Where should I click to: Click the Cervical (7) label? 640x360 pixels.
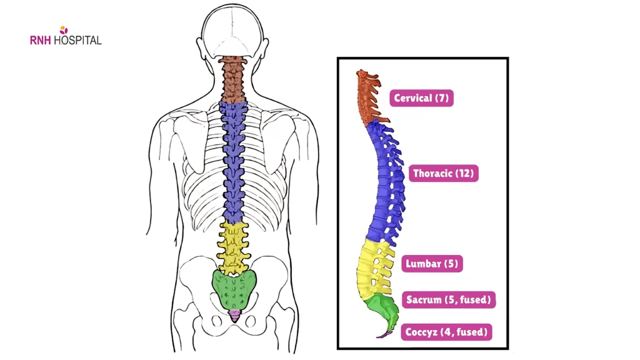point(422,98)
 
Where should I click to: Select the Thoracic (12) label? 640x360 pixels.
point(444,173)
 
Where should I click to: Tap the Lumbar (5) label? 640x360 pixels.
point(432,263)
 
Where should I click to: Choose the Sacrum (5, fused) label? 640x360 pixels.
point(449,299)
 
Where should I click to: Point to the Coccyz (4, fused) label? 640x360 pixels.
point(446,332)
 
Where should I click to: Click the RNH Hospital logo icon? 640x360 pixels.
point(63,29)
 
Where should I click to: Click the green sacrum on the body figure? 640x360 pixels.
point(234,289)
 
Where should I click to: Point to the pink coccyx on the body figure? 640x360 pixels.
point(234,314)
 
